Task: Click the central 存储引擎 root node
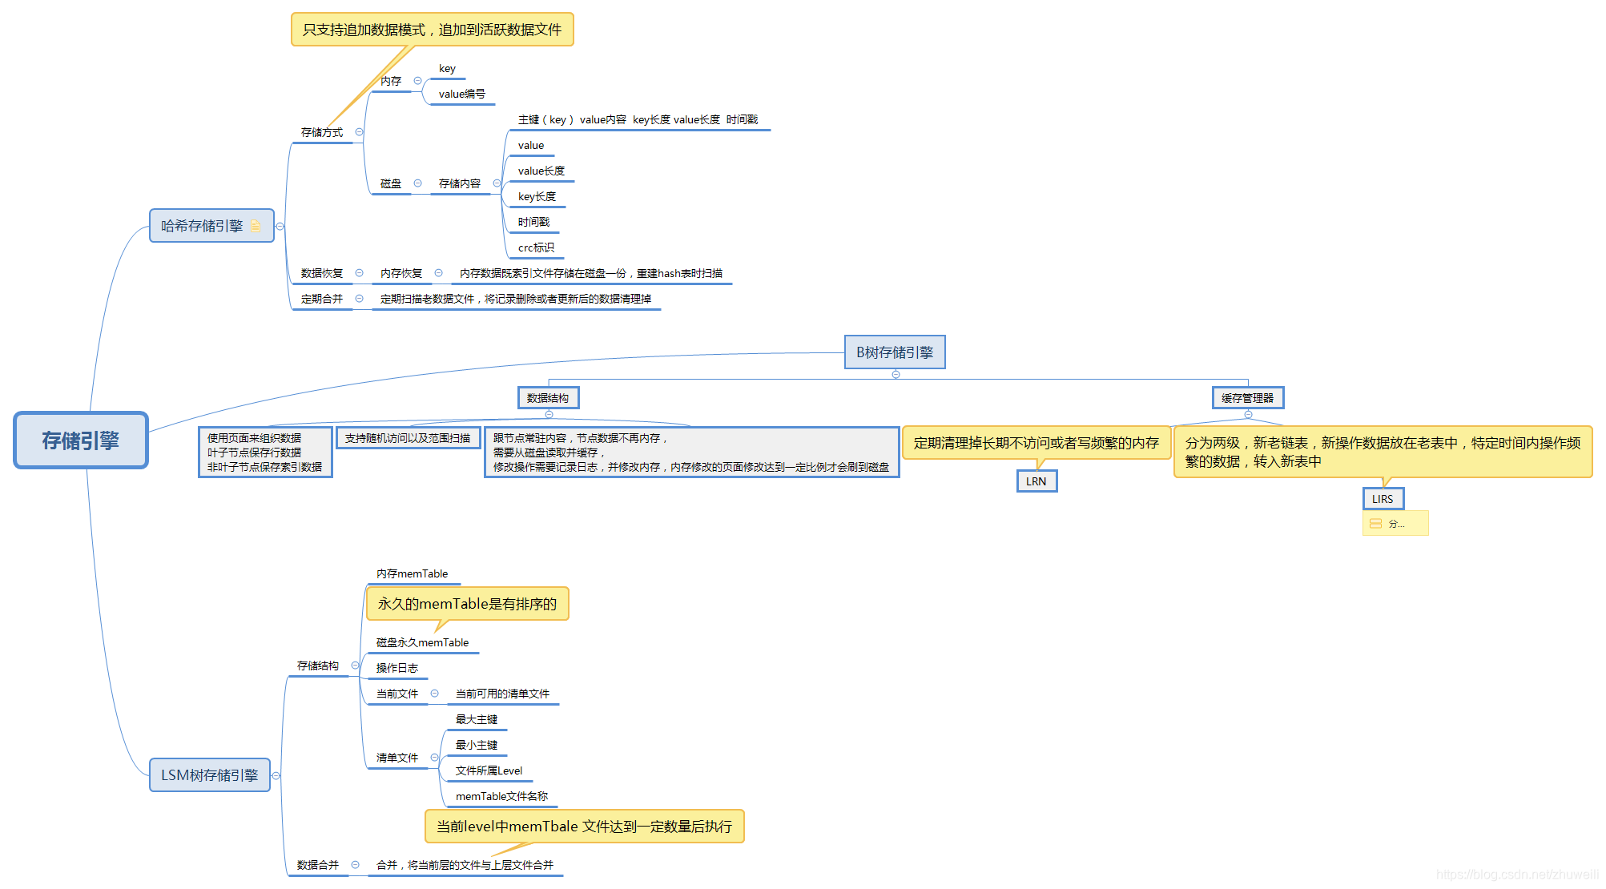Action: pos(81,440)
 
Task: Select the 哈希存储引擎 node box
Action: pos(202,226)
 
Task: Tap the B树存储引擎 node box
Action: pos(895,352)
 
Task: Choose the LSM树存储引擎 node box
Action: pos(209,775)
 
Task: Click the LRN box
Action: pos(1036,481)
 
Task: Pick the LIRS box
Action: pos(1383,499)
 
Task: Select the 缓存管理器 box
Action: pos(1247,398)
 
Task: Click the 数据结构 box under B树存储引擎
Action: pos(548,398)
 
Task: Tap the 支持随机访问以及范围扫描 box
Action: pos(408,438)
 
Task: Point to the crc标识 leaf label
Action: pos(536,247)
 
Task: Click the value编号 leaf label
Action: pos(461,94)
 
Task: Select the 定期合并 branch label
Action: pos(321,299)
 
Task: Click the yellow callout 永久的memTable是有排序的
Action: pos(467,604)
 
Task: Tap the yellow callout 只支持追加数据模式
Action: pos(432,30)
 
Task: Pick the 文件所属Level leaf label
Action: pos(489,770)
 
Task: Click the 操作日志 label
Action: pos(396,668)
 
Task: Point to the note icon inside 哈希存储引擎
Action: pos(256,226)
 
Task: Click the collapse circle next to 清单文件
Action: pos(434,758)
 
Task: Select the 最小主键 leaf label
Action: pos(476,745)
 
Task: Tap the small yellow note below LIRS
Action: pos(1395,524)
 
